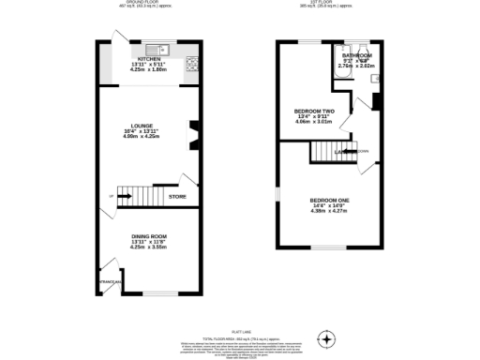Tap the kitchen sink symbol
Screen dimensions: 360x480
point(161,48)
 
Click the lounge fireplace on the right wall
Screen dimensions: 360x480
point(193,135)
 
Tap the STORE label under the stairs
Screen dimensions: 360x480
point(177,197)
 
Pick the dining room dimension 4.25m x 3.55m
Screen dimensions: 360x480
point(149,247)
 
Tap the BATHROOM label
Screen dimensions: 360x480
point(357,55)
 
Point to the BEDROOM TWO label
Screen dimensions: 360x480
point(314,111)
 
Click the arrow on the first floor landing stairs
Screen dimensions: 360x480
point(349,151)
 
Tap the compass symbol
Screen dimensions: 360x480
point(327,337)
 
